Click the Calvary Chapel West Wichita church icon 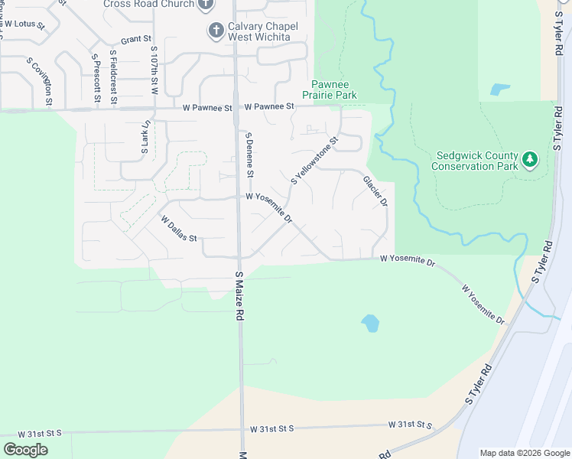point(216,31)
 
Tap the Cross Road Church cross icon point(205,5)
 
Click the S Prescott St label point(96,78)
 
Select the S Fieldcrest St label point(114,76)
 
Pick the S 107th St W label point(154,70)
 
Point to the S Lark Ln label point(144,137)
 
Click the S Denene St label point(249,155)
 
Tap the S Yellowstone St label point(314,161)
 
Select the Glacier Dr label point(375,191)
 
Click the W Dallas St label point(178,228)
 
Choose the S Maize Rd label point(239,295)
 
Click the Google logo point(25,450)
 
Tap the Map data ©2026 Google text point(524,453)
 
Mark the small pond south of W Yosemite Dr point(370,324)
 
